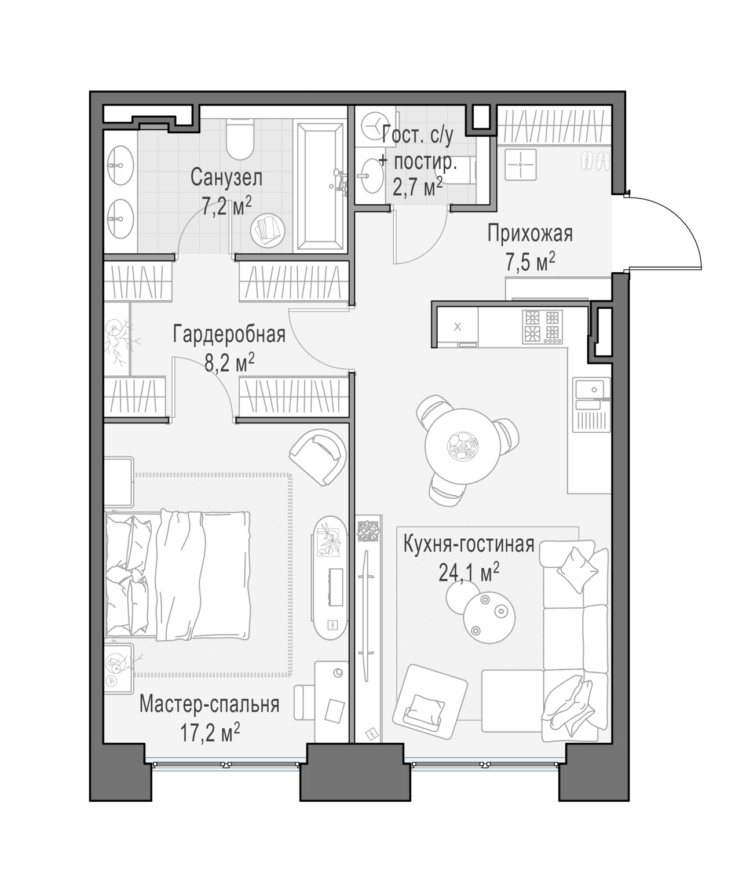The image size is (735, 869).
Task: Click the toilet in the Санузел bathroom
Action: [240, 138]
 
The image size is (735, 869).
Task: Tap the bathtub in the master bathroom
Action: [320, 187]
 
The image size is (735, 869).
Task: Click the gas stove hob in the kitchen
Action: [543, 327]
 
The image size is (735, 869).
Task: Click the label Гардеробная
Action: [229, 334]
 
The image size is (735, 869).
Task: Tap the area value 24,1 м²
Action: [469, 572]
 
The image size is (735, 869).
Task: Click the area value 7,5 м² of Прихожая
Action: [530, 262]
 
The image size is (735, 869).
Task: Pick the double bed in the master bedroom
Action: [177, 576]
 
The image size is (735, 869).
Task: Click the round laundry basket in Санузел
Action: [268, 231]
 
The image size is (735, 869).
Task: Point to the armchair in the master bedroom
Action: [318, 457]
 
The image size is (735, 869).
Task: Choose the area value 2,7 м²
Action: [417, 187]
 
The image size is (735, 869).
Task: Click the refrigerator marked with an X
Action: [458, 327]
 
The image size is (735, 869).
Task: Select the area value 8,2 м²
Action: [229, 363]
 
